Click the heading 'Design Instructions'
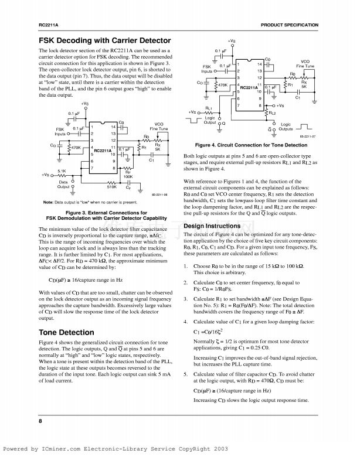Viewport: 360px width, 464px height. pos(212,226)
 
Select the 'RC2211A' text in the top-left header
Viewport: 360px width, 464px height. pos(49,26)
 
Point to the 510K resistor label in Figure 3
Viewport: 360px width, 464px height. pos(111,187)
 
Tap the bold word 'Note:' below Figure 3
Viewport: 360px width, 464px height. pos(49,202)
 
